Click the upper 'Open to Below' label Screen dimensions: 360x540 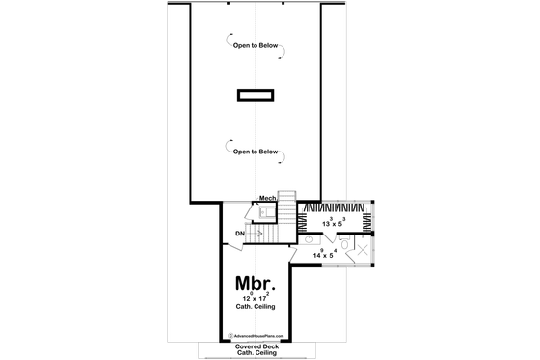click(x=256, y=47)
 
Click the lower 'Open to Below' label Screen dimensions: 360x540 click(x=256, y=152)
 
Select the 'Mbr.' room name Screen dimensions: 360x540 click(x=256, y=284)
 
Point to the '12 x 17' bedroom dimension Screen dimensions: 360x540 click(x=256, y=300)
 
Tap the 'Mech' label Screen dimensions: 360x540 click(x=268, y=199)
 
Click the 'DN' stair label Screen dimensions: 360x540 click(x=238, y=233)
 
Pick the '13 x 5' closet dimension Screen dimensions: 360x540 click(x=335, y=222)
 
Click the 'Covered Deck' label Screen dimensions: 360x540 click(x=256, y=344)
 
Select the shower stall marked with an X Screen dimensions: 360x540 click(x=358, y=256)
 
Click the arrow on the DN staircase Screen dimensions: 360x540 click(x=256, y=233)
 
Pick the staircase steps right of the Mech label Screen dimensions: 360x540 click(x=285, y=204)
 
